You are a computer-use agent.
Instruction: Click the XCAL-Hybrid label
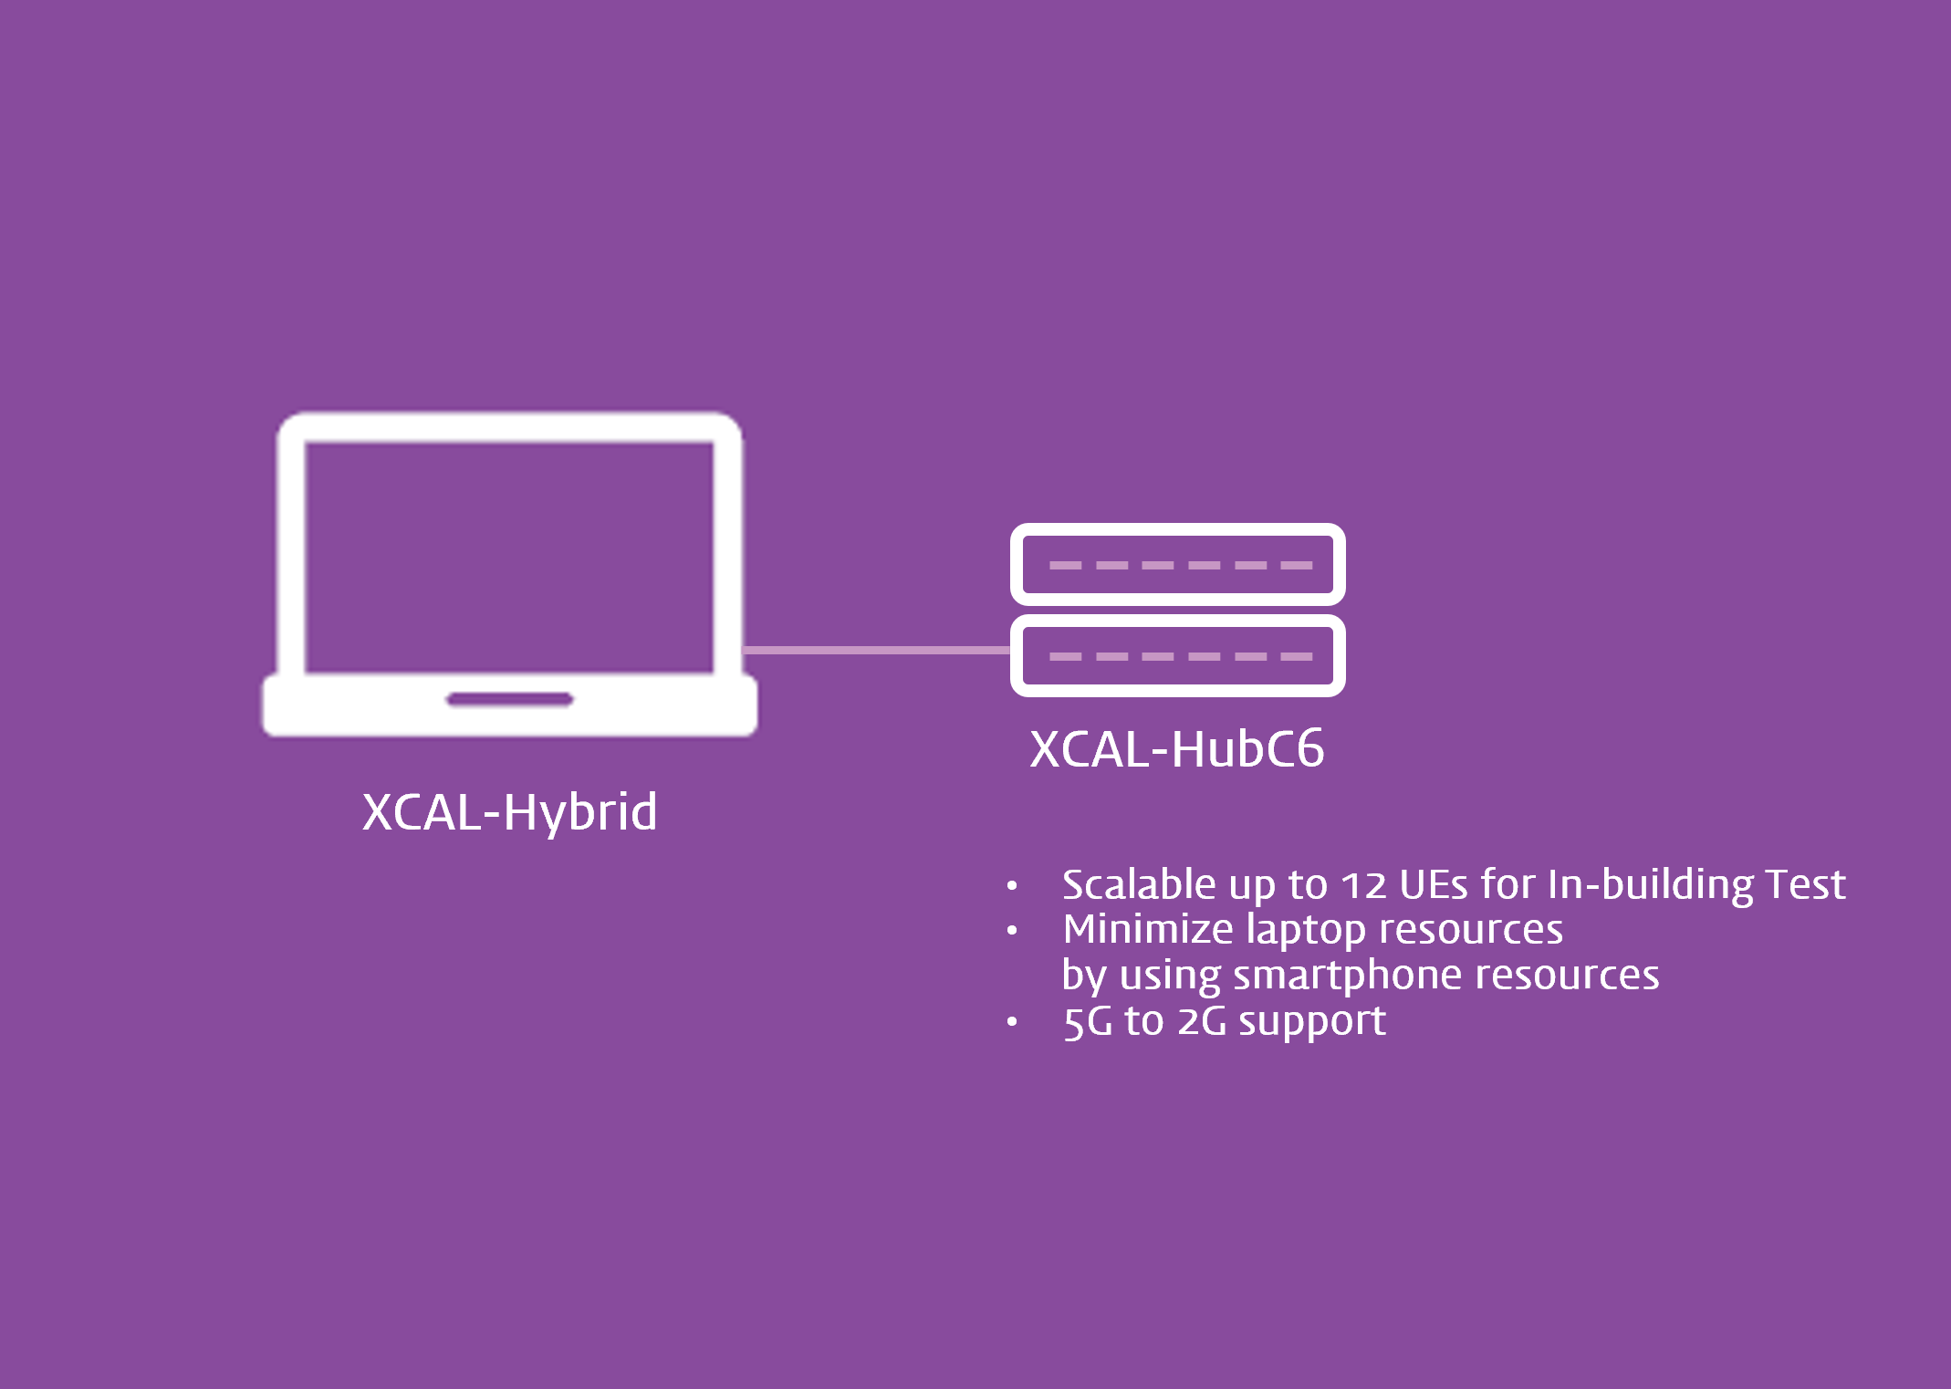tap(509, 811)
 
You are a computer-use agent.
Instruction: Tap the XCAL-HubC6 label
tap(1176, 749)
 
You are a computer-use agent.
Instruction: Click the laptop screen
tap(509, 557)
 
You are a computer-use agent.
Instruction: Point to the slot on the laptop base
tap(509, 700)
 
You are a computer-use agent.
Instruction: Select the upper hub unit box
tap(1177, 564)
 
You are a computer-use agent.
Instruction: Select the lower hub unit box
tap(1177, 655)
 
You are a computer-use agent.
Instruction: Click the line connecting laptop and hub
tap(876, 650)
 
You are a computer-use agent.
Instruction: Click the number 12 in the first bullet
tap(1363, 885)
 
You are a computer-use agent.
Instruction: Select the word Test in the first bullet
tap(1805, 884)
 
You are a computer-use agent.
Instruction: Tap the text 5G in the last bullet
tap(1088, 1021)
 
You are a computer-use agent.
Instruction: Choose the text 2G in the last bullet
tap(1202, 1021)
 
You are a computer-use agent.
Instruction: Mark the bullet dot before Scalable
tap(1012, 885)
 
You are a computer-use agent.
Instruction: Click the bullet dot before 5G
tap(1012, 1021)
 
